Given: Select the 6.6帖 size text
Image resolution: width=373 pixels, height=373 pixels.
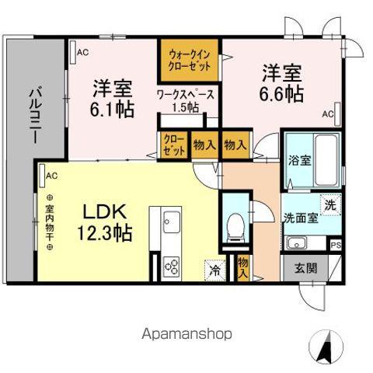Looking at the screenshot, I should [x=281, y=93].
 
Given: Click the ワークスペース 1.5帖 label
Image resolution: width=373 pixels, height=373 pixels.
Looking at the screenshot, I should [x=186, y=100].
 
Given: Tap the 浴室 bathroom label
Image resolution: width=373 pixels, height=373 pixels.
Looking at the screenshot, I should [x=299, y=162].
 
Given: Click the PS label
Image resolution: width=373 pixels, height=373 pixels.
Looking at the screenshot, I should [x=336, y=246].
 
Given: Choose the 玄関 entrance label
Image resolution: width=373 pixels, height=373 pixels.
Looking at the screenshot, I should [x=306, y=268].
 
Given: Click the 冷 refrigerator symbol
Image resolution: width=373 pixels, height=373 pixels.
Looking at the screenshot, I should [x=212, y=271].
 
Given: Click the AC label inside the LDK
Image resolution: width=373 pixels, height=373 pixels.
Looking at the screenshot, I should [x=52, y=176].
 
